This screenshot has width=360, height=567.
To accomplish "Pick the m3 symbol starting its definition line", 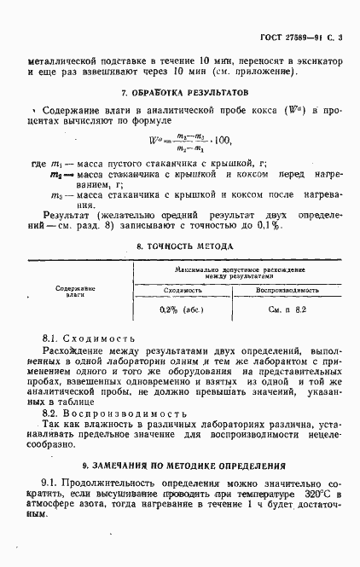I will pos(57,194).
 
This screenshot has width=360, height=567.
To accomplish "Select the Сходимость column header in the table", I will pos(180,291).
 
